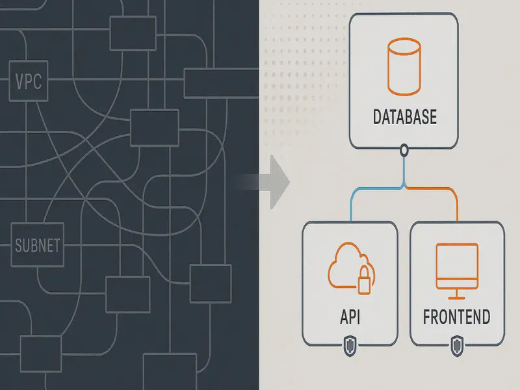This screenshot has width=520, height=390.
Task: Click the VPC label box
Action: pos(28,83)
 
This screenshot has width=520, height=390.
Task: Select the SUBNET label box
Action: pos(37,246)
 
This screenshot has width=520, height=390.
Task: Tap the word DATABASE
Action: pos(405,118)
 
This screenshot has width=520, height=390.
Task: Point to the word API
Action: pos(350,317)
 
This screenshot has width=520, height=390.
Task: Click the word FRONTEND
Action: pos(456,317)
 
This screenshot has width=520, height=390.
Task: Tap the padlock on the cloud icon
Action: pos(365,279)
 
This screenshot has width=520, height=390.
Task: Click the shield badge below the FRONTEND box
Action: pos(456,344)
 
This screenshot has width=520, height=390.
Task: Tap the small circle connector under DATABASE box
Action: pos(404,151)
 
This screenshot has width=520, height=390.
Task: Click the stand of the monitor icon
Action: pos(456,294)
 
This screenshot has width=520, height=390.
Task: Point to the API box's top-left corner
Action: pos(304,224)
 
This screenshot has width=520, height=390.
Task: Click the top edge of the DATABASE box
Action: pos(404,13)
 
